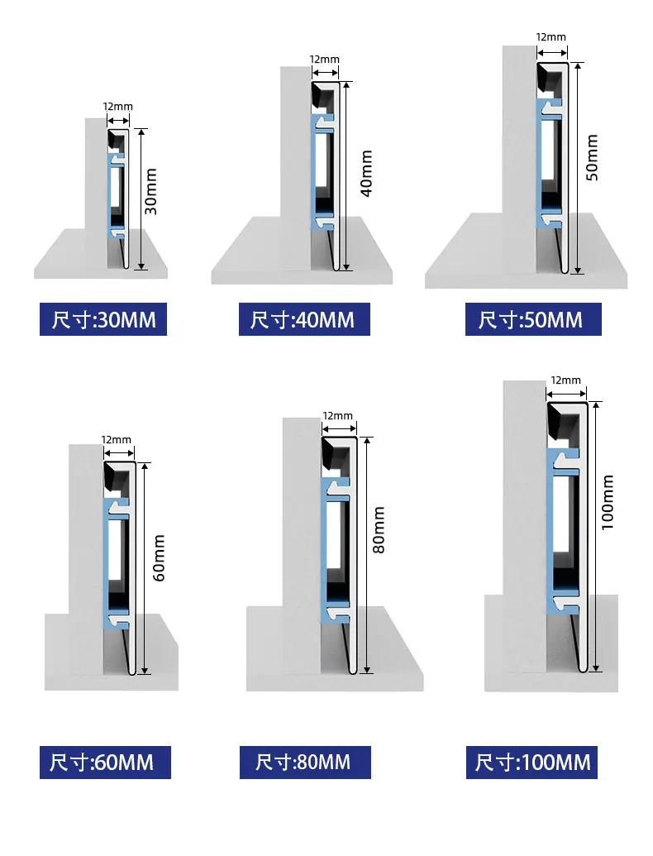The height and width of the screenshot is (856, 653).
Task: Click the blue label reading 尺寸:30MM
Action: point(103,319)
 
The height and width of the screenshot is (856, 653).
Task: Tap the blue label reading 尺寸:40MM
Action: point(304,319)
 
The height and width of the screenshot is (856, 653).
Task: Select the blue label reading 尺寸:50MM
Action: point(533,319)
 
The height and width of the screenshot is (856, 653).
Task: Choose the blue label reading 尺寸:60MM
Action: point(105,762)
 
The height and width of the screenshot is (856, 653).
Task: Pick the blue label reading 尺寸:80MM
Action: point(305,762)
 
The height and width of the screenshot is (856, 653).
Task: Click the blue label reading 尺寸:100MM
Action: point(531,762)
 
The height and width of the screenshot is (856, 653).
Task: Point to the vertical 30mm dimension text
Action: point(151,191)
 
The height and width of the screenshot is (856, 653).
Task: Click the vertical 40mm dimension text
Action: point(367,174)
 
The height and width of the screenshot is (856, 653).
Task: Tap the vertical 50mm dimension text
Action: point(592,157)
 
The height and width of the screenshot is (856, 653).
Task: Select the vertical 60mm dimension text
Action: point(159,558)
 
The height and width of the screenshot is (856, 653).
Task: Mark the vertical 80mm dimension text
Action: point(379,529)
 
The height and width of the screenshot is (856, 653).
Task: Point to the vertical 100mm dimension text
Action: point(608,502)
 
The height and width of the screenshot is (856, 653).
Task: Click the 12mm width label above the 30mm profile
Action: point(118,107)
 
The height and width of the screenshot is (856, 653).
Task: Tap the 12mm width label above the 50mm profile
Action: point(551,37)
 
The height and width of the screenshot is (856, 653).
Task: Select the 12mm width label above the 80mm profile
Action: point(338,416)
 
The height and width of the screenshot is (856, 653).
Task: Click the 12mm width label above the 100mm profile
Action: point(565,380)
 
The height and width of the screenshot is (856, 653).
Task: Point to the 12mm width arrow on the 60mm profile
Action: point(119,452)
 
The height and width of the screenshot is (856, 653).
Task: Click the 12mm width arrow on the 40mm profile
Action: point(325,71)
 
